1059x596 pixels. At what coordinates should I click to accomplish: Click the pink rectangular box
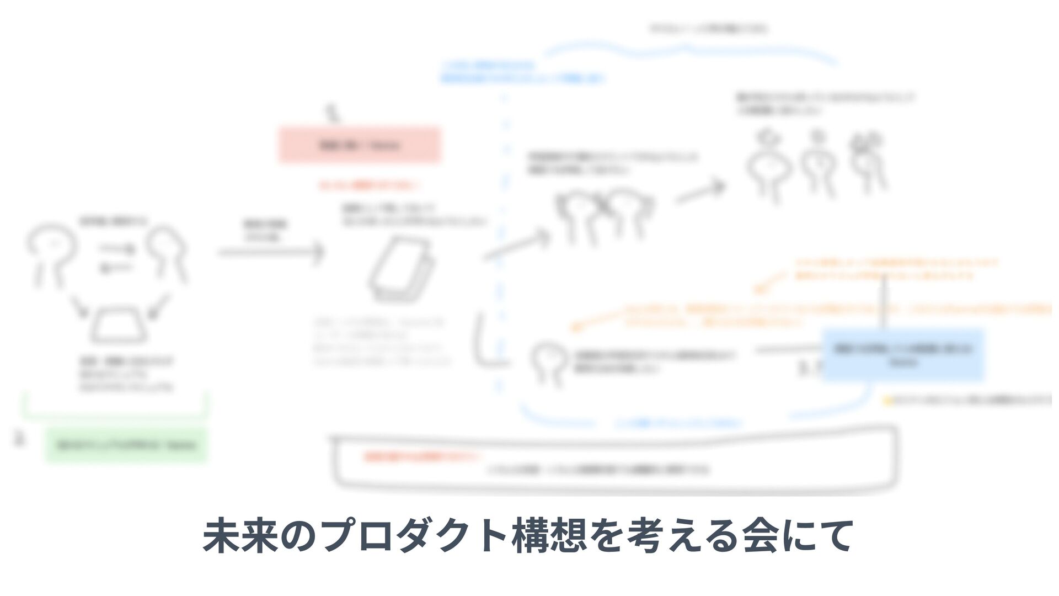360,145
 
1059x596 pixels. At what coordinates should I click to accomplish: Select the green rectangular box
126,445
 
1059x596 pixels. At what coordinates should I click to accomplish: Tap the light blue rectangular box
903,355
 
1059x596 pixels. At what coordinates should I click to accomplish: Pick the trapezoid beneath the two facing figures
119,326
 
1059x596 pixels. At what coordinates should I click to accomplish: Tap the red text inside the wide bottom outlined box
422,457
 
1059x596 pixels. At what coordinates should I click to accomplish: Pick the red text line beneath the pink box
371,186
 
